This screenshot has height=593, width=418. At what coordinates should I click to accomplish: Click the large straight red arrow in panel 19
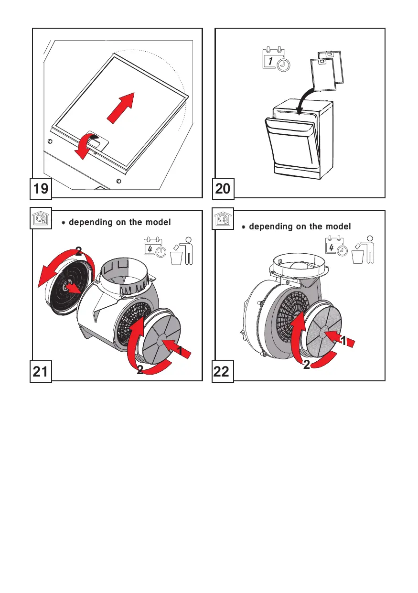pos(120,108)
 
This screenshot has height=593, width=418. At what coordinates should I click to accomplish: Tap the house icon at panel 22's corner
pos(223,219)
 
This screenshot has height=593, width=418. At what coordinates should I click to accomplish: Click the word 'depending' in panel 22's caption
pos(271,226)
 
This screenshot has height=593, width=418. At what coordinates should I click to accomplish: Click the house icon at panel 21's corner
pos(41,219)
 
